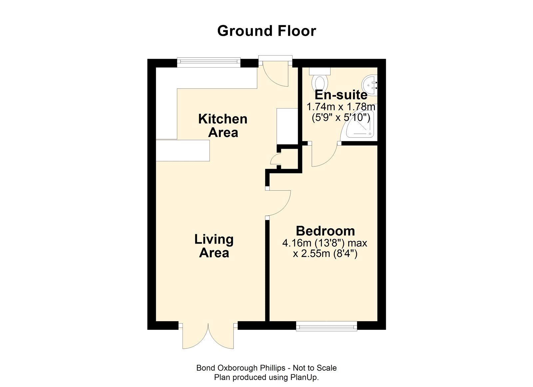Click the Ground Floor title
pyautogui.click(x=266, y=31)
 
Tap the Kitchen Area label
pyautogui.click(x=223, y=125)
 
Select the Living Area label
pyautogui.click(x=214, y=246)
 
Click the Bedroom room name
pyautogui.click(x=325, y=231)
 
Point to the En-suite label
pyautogui.click(x=341, y=95)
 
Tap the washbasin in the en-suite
pyautogui.click(x=371, y=85)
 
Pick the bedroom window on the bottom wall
pyautogui.click(x=326, y=326)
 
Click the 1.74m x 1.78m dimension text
pyautogui.click(x=341, y=107)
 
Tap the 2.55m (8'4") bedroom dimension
pyautogui.click(x=325, y=254)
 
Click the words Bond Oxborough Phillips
pyautogui.click(x=241, y=368)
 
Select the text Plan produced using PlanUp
pyautogui.click(x=266, y=377)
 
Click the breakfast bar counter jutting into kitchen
pyautogui.click(x=183, y=150)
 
